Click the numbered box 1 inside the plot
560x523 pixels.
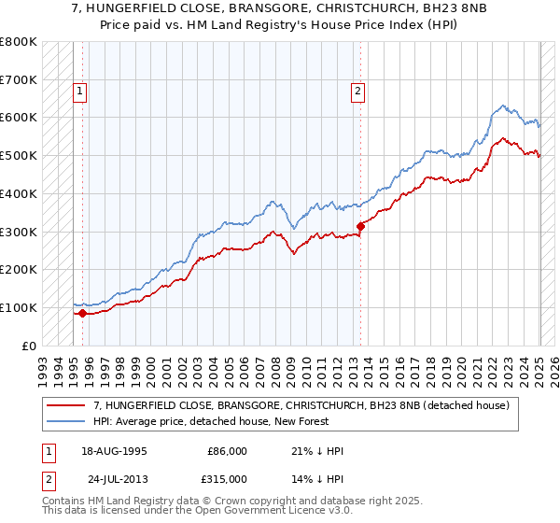pyautogui.click(x=80, y=92)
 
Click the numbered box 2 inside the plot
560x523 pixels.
pyautogui.click(x=357, y=92)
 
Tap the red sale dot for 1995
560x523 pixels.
pyautogui.click(x=82, y=313)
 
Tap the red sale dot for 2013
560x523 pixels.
pyautogui.click(x=360, y=225)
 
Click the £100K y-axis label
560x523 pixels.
pyautogui.click(x=19, y=307)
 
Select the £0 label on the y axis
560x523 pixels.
pyautogui.click(x=28, y=346)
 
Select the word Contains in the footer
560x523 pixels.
pyautogui.click(x=66, y=502)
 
